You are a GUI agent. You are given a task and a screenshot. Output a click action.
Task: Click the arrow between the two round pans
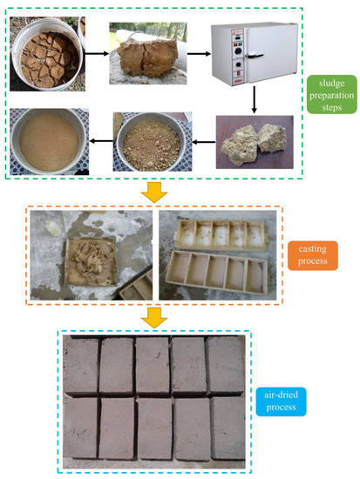click(97, 139)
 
